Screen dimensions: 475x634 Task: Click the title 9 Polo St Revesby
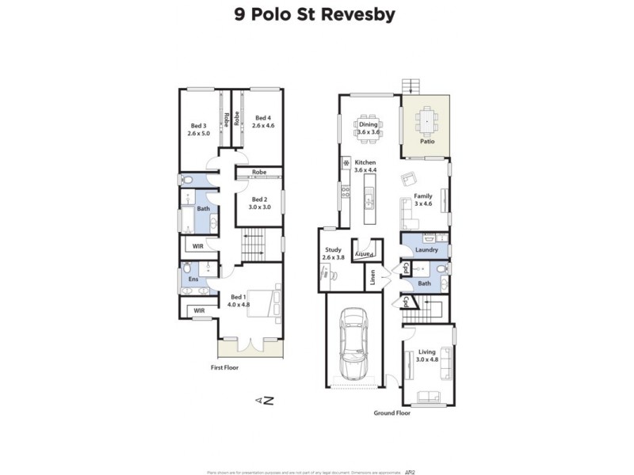(x=317, y=15)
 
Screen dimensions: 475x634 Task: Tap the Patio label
(x=426, y=142)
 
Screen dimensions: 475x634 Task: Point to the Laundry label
(x=426, y=250)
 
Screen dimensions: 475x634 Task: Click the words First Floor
(x=224, y=367)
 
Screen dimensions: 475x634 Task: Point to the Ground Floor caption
(x=392, y=413)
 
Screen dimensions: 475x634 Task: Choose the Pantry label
(x=364, y=253)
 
